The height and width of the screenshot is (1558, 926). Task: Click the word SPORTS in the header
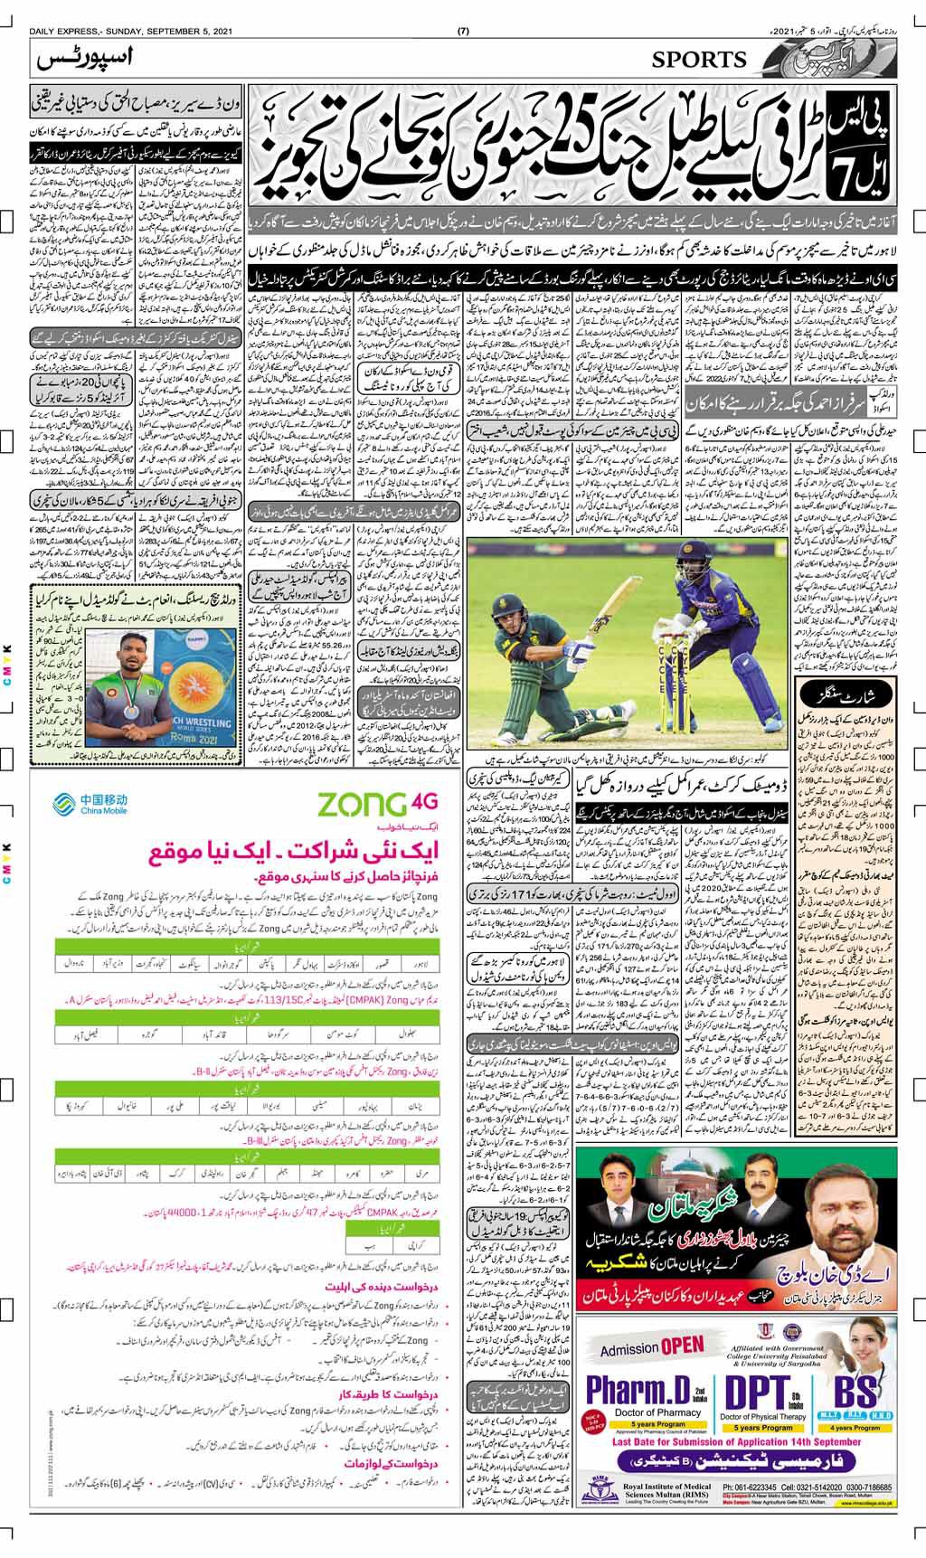(x=700, y=61)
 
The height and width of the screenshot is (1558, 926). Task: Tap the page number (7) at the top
(x=463, y=8)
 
